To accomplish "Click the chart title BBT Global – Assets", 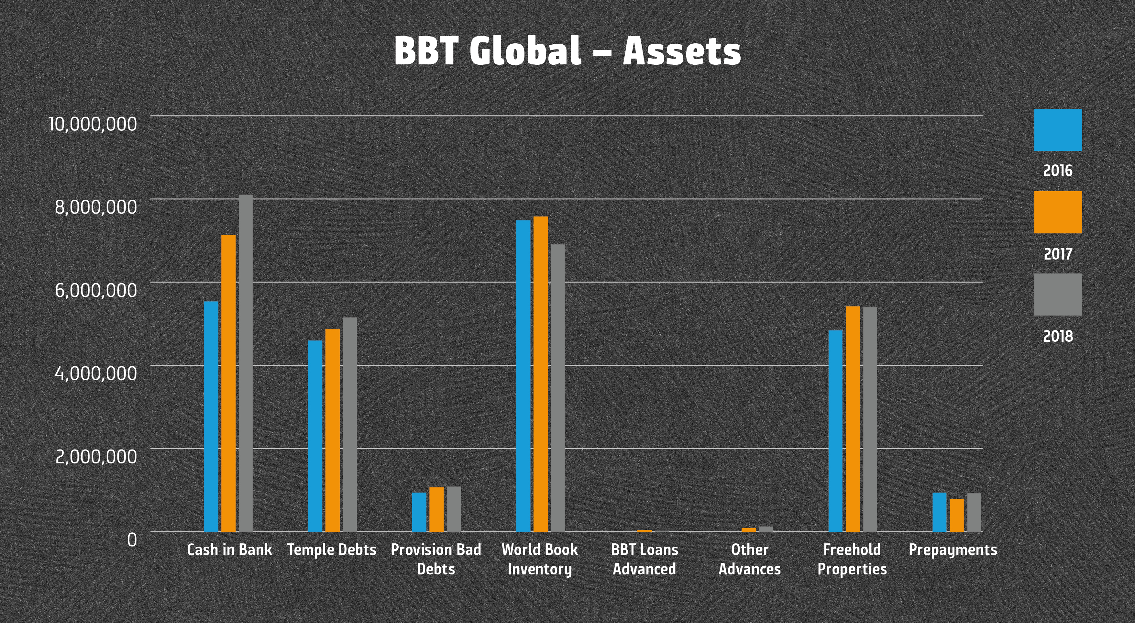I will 567,51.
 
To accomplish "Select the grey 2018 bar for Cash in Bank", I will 246,363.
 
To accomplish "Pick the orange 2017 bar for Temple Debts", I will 332,430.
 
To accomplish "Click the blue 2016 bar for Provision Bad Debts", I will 419,512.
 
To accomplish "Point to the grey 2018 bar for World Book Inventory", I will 558,388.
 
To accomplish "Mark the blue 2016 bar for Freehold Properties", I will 835,430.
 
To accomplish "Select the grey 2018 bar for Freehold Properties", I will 870,419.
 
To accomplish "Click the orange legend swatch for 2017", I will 1058,212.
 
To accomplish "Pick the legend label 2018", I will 1058,337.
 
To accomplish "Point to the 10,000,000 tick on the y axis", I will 93,124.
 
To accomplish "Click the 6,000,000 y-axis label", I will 96,290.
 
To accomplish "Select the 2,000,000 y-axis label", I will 96,456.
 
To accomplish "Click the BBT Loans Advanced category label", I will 644,559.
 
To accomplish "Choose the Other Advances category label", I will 749,559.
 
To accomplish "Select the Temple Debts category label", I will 331,550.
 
